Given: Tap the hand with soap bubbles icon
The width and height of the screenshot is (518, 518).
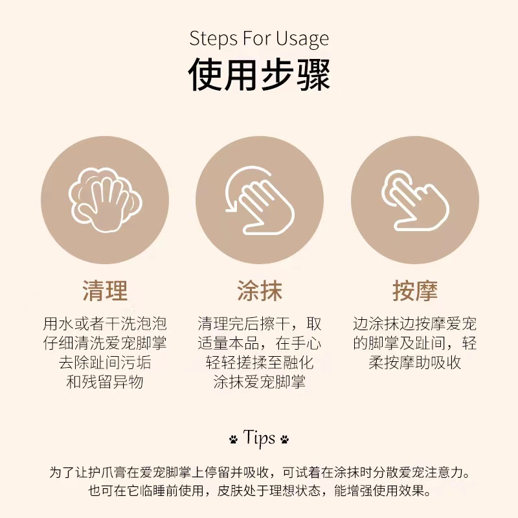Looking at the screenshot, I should (x=104, y=200).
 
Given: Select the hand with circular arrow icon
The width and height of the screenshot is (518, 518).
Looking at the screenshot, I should (x=258, y=200).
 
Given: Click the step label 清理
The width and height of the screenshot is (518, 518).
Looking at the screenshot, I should (x=104, y=291).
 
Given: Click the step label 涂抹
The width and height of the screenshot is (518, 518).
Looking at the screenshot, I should (x=259, y=291).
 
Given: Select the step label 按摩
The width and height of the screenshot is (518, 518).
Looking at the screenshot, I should (x=415, y=291).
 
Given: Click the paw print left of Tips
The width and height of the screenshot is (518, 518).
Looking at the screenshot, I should (x=233, y=439).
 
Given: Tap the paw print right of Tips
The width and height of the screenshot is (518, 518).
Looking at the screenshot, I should (x=285, y=439).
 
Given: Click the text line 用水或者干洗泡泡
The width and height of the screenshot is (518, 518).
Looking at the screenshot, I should (x=104, y=324).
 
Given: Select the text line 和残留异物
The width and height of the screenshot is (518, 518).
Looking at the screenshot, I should (x=104, y=381).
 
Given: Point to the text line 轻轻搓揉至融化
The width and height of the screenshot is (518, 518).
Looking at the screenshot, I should (x=259, y=362).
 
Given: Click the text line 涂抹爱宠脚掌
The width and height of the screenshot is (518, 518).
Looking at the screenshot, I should (x=259, y=381).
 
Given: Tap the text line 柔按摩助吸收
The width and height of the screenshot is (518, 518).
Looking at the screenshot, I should (x=415, y=362).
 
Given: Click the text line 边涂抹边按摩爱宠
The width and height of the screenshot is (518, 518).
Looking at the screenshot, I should (x=415, y=324).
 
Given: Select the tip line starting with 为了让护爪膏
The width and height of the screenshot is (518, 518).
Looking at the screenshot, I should (x=259, y=472).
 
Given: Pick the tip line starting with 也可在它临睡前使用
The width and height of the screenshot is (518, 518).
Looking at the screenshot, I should (x=259, y=491).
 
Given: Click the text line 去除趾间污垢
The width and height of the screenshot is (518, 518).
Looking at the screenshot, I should (x=104, y=362).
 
